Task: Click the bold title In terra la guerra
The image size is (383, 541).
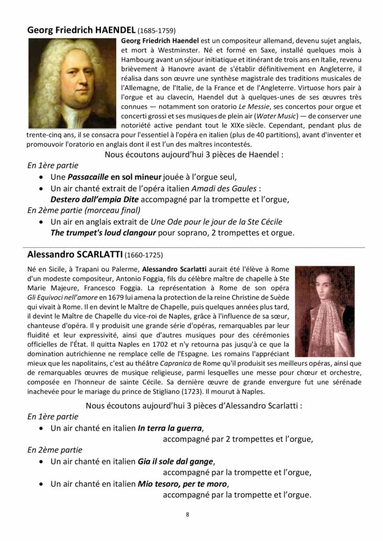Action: click(170, 428)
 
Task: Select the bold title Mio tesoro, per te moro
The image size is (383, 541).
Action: click(182, 484)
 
